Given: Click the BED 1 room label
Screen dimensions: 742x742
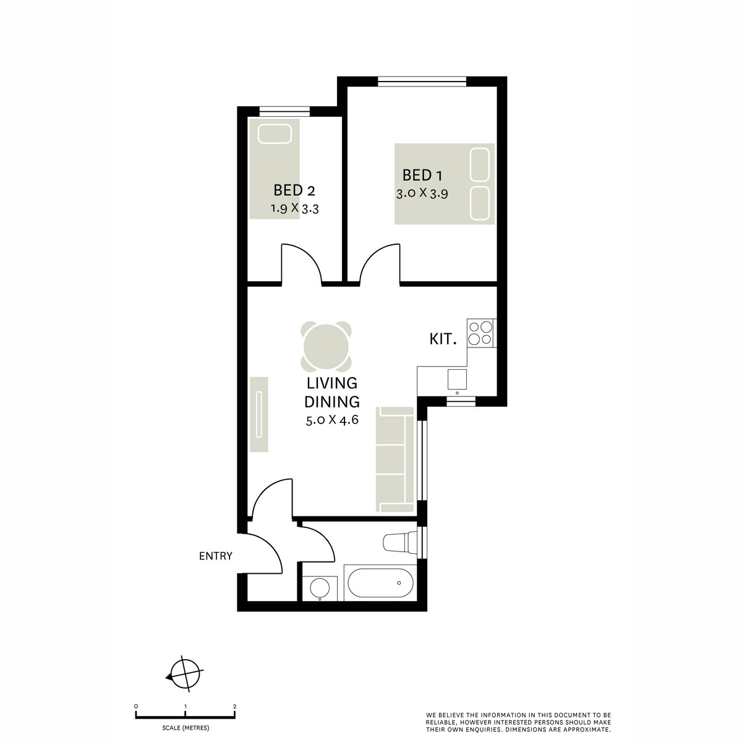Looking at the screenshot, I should tap(422, 175).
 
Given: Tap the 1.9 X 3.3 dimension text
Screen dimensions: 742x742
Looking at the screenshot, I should tap(294, 209).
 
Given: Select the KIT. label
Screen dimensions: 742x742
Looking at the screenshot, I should tap(443, 339).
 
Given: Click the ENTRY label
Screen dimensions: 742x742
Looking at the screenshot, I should tap(215, 556).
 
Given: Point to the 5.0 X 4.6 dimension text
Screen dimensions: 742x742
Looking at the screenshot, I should tap(332, 420).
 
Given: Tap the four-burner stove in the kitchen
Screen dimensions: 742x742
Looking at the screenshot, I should tap(480, 332).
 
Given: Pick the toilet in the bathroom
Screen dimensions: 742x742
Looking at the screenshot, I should tap(399, 542).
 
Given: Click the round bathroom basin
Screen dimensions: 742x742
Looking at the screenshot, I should tap(320, 587).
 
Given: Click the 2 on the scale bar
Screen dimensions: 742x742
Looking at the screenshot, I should tap(235, 706).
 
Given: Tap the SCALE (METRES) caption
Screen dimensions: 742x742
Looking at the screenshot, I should tap(185, 727).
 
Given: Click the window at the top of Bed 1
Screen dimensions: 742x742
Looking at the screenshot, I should tap(422, 80).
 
